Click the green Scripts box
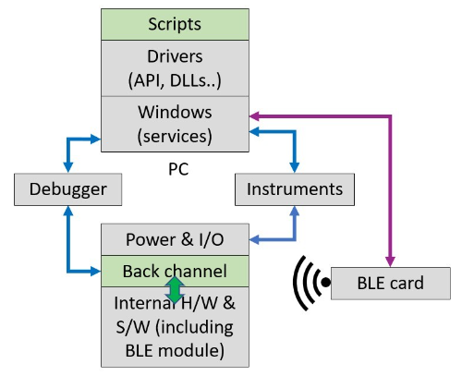175,24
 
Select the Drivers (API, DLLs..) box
175,68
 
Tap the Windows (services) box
175,124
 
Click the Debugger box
68,189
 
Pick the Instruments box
295,189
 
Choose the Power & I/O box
175,239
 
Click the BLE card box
391,284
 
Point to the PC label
178,169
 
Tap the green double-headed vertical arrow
175,290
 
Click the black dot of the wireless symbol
325,282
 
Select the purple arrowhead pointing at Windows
254,116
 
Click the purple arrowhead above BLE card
390,261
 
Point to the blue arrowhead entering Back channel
95,272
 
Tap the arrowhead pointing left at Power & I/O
254,239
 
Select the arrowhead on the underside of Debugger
68,212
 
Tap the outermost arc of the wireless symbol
300,284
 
